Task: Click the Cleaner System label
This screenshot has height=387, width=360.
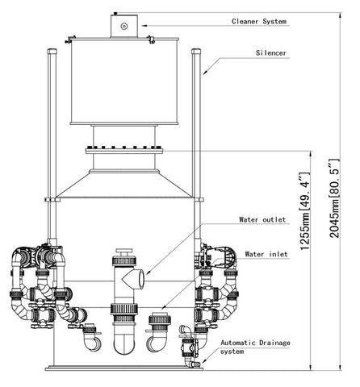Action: pyautogui.click(x=259, y=22)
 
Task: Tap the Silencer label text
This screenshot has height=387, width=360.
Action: pyautogui.click(x=271, y=53)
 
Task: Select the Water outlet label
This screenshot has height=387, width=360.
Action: pyautogui.click(x=262, y=219)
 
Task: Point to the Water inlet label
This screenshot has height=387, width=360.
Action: pyautogui.click(x=266, y=254)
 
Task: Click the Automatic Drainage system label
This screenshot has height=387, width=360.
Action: pyautogui.click(x=255, y=347)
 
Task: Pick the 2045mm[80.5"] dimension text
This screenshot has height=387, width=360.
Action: pyautogui.click(x=334, y=198)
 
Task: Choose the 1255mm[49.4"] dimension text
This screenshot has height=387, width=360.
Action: pyautogui.click(x=305, y=211)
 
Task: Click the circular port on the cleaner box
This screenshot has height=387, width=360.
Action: pyautogui.click(x=123, y=26)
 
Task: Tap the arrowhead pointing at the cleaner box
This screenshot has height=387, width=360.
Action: pyautogui.click(x=144, y=26)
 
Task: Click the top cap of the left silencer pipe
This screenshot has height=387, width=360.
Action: pyautogui.click(x=52, y=51)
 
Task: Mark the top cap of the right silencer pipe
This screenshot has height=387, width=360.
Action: pyautogui.click(x=196, y=51)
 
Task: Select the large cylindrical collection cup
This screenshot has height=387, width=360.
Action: pyautogui.click(x=124, y=81)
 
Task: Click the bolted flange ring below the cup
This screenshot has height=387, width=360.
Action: pyautogui.click(x=124, y=151)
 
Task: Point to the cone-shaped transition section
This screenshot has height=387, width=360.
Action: pyautogui.click(x=124, y=185)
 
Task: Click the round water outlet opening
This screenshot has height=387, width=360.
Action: pyautogui.click(x=141, y=279)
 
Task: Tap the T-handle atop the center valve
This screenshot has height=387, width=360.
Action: pyautogui.click(x=124, y=252)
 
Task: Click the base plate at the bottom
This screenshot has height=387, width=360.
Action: pyautogui.click(x=124, y=368)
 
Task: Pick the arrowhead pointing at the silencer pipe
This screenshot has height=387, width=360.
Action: pyautogui.click(x=205, y=72)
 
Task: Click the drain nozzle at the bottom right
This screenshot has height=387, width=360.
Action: pyautogui.click(x=194, y=364)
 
